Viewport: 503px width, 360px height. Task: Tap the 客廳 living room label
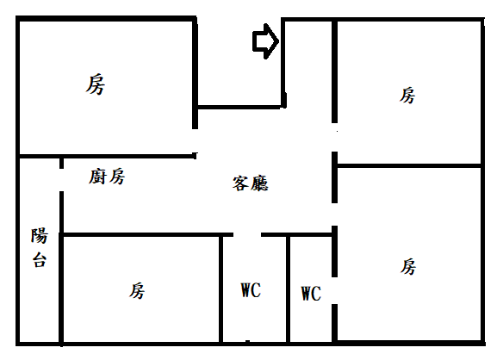pyautogui.click(x=251, y=183)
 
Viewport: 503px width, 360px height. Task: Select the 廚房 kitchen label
pyautogui.click(x=107, y=177)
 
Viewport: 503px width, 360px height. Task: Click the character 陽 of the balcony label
pyautogui.click(x=40, y=236)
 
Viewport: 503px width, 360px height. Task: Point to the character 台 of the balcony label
pyautogui.click(x=40, y=260)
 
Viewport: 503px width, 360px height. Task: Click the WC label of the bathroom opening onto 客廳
pyautogui.click(x=251, y=290)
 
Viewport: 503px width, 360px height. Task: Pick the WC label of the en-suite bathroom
pyautogui.click(x=311, y=294)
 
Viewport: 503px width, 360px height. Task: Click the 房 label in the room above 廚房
pyautogui.click(x=96, y=84)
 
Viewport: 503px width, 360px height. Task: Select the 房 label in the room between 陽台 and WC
pyautogui.click(x=137, y=291)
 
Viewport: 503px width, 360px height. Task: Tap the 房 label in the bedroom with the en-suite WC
pyautogui.click(x=408, y=267)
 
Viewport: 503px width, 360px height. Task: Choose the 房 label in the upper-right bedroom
pyautogui.click(x=407, y=96)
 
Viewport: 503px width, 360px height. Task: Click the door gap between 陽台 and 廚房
pyautogui.click(x=62, y=180)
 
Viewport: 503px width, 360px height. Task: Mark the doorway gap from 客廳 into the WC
pyautogui.click(x=247, y=235)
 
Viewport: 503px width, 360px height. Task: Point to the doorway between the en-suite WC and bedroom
pyautogui.click(x=334, y=290)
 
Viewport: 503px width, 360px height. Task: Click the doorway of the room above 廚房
pyautogui.click(x=195, y=140)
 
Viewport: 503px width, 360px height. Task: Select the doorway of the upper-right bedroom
pyautogui.click(x=334, y=137)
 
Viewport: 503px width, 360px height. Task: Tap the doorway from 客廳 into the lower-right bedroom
pyautogui.click(x=334, y=214)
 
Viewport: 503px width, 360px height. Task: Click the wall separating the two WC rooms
pyautogui.click(x=288, y=289)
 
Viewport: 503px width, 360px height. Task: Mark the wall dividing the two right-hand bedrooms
pyautogui.click(x=408, y=166)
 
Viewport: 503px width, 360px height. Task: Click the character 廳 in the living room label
pyautogui.click(x=260, y=183)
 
